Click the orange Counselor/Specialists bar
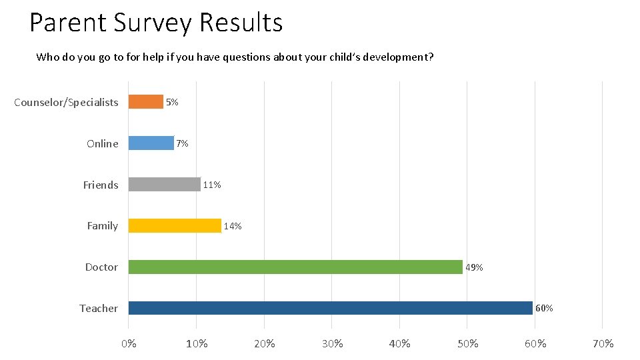point(145,102)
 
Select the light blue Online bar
point(151,143)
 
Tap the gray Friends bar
point(164,185)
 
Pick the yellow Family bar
point(175,226)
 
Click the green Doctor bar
point(295,267)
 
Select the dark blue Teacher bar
point(330,308)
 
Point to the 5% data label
point(172,103)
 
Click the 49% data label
point(474,268)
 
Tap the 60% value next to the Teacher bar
point(544,309)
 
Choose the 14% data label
point(233,227)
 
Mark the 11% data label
point(212,185)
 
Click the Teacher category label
point(99,308)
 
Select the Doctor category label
point(101,267)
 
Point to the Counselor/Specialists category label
point(66,103)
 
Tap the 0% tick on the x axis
point(129,344)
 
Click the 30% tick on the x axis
point(332,344)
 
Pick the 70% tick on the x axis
point(603,344)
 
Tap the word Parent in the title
point(67,23)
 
